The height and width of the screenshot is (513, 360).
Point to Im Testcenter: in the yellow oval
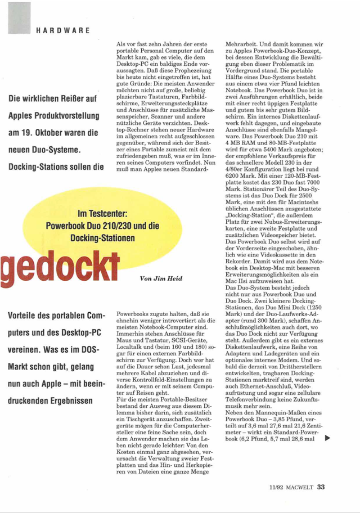(103, 215)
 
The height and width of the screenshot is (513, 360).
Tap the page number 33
(321, 487)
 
